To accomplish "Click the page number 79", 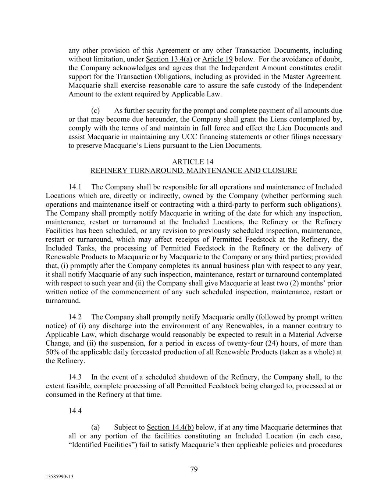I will pos(194,469).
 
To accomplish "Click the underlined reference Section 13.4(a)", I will pos(169,59).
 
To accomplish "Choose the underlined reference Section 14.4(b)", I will pos(170,427).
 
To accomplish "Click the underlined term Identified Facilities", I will pos(102,445).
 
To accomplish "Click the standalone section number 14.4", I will pos(75,411).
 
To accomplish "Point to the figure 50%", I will pos(52,352).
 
